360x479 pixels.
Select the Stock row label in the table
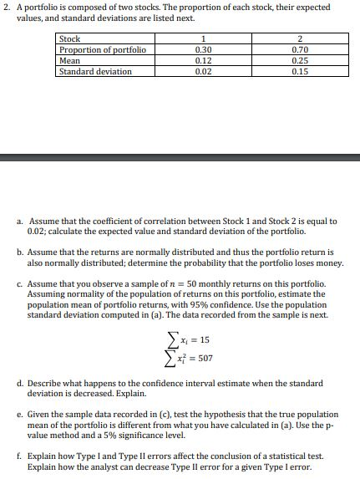(69, 39)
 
